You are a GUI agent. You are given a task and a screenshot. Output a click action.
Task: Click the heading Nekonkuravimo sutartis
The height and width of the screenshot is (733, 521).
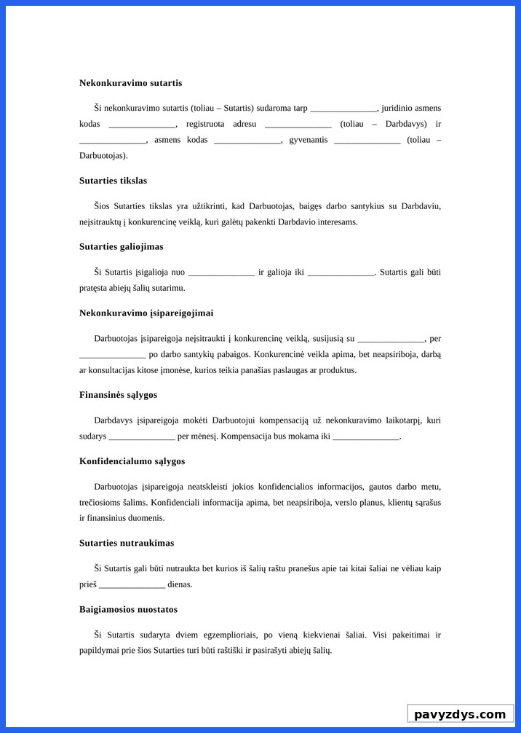coord(130,83)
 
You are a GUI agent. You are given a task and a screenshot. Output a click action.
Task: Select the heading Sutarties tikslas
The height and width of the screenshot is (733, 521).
coord(113,181)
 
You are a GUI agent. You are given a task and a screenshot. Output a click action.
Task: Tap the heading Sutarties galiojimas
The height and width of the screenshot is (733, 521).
coord(121,247)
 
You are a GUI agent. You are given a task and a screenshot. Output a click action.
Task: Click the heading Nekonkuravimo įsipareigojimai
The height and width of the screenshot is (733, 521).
coord(146,313)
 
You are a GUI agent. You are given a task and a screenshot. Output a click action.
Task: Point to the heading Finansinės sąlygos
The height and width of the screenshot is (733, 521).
coord(118,395)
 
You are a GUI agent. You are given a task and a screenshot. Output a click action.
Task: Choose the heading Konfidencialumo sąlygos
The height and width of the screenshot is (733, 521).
coord(132,461)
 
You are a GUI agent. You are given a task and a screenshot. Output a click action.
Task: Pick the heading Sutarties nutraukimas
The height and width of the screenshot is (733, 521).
coord(126,544)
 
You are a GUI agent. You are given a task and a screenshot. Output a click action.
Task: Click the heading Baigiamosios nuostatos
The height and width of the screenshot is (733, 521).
coord(128,610)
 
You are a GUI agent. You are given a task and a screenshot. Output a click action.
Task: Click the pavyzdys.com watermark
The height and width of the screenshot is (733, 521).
coord(459,714)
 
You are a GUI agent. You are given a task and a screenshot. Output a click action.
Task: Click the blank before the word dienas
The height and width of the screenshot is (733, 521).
coord(132,584)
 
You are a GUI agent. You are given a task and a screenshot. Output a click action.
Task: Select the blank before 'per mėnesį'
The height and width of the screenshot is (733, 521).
coord(141,436)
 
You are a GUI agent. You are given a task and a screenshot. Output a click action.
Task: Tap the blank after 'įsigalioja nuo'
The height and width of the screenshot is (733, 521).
coord(221,273)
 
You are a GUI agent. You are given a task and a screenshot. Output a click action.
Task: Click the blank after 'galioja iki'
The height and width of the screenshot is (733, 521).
coord(341,273)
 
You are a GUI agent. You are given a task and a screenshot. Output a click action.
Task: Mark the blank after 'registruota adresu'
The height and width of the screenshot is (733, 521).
coord(298,124)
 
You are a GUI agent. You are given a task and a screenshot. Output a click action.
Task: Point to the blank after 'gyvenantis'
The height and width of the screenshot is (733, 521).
coord(367,140)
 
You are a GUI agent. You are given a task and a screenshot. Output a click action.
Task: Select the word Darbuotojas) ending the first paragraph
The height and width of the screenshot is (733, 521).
coord(103,156)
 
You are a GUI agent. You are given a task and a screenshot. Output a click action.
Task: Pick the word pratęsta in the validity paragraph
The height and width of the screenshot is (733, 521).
coord(95,288)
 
